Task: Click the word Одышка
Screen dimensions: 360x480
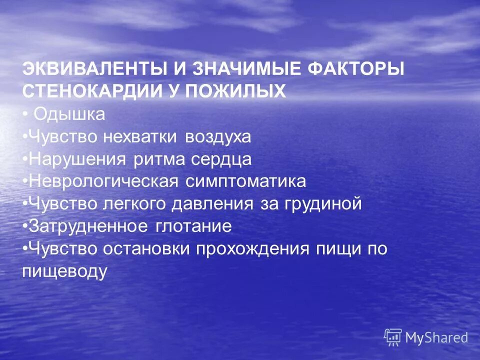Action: coord(69,114)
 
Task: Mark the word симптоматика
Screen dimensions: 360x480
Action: coord(245,181)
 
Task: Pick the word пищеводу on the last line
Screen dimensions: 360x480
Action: coord(65,271)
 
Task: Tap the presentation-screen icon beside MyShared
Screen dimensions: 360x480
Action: coord(393,337)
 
